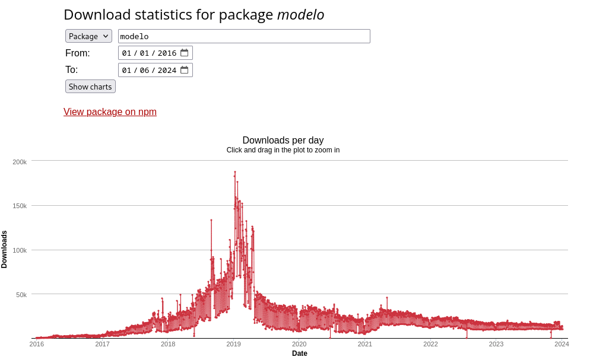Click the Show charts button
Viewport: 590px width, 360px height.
90,87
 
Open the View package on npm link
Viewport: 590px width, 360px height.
110,112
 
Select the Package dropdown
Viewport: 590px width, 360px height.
88,36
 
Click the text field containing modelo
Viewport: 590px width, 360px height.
244,36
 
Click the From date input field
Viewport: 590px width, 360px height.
149,53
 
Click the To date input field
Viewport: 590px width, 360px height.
149,70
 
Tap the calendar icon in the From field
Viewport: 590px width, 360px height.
185,53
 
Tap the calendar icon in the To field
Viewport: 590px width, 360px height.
185,70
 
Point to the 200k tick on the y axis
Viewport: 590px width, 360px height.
20,162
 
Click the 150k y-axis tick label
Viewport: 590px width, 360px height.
20,206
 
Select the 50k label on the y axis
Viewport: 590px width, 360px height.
21,295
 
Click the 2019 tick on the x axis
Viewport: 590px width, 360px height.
233,344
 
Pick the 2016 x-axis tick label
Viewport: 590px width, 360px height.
37,344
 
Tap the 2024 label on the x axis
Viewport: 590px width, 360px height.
562,344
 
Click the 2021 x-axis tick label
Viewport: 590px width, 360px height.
364,344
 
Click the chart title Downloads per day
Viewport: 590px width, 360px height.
283,141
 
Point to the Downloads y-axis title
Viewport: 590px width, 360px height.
5,250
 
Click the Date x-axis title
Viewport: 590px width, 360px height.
300,353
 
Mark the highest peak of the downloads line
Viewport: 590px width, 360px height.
235,172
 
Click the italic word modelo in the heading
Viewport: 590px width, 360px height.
300,15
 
